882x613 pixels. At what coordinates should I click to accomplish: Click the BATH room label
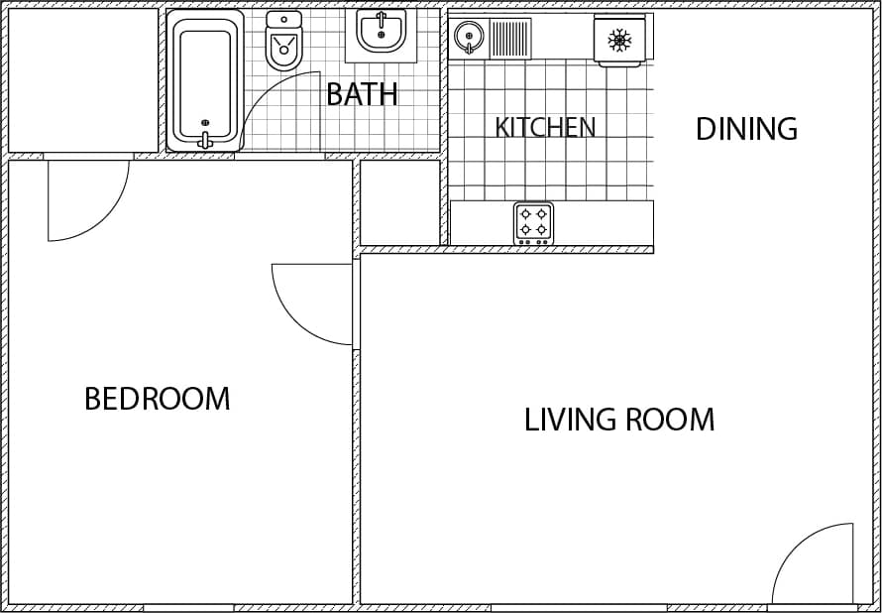(x=362, y=94)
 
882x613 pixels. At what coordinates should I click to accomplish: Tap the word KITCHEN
(x=545, y=127)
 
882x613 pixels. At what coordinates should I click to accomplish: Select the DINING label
(x=746, y=129)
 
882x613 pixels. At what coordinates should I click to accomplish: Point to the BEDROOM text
(x=157, y=399)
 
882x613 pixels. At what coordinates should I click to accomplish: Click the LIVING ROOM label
(x=619, y=420)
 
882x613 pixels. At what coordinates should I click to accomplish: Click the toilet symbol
(x=283, y=43)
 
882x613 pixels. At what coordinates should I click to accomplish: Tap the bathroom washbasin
(x=381, y=32)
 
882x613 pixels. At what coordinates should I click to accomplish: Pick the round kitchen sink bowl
(x=468, y=38)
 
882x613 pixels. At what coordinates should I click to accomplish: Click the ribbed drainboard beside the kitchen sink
(x=509, y=39)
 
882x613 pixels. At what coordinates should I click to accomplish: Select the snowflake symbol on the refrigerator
(x=619, y=40)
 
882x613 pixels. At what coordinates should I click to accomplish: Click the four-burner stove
(x=533, y=223)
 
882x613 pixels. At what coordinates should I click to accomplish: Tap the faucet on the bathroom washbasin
(x=381, y=18)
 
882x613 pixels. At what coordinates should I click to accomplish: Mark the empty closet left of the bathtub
(x=83, y=79)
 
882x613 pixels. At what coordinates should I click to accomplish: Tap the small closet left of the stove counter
(x=399, y=202)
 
